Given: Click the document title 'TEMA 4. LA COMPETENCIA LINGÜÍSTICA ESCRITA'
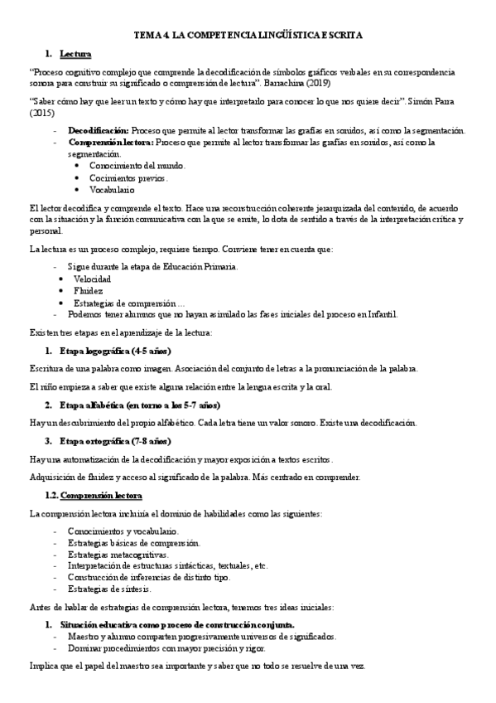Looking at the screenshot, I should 248,37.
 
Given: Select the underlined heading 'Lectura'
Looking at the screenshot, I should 75,55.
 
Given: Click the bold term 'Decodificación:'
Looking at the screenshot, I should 99,130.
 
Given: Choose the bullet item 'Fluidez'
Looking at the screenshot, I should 89,291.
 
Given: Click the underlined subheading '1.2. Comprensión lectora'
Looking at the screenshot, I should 94,495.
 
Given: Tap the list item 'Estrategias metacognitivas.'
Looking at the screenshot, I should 118,554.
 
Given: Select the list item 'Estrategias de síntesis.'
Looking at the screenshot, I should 110,589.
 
